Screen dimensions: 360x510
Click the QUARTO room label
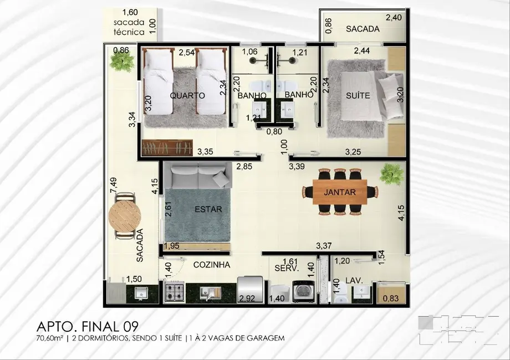tap(187, 95)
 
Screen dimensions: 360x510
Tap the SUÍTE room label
tap(358, 95)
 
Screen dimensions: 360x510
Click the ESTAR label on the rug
tap(208, 209)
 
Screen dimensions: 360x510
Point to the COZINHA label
tap(211, 265)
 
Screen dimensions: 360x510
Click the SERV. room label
tap(287, 268)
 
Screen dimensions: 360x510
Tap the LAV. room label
tap(354, 280)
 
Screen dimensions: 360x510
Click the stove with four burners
tap(174, 292)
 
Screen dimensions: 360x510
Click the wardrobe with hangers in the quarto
tap(167, 148)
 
